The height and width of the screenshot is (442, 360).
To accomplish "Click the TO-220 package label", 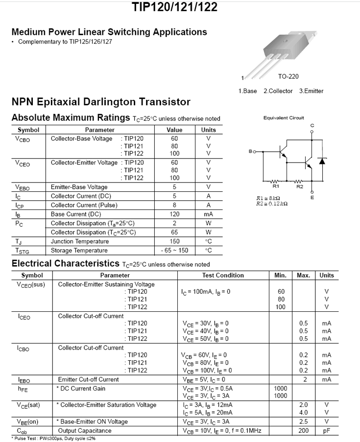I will coord(288,76).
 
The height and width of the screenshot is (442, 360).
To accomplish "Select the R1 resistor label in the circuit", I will coord(275,186).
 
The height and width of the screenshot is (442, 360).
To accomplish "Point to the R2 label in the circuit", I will coord(300,186).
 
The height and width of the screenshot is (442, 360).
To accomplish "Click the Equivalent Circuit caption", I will coord(284,117).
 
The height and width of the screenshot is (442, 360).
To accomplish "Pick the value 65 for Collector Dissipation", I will coord(174,232).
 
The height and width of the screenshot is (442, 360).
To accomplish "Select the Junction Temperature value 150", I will coord(174,241).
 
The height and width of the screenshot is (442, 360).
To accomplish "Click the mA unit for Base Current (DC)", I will coord(208,214).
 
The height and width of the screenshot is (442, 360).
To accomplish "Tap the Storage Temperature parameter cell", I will coord(80,251).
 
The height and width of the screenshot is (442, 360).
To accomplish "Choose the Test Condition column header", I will coord(223,275).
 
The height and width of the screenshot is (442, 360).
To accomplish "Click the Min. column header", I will coord(281,275).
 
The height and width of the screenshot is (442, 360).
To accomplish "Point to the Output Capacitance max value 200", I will coord(303,431).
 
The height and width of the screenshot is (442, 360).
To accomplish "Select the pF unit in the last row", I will coord(327,431).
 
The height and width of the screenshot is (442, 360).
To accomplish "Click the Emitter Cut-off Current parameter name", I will coord(88,379).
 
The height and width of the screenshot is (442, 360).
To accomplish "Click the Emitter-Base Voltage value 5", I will coord(174,187).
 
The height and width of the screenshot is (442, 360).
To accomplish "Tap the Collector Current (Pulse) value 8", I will coord(174,205).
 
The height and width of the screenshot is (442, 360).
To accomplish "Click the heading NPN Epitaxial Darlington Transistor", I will coord(101,102).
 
